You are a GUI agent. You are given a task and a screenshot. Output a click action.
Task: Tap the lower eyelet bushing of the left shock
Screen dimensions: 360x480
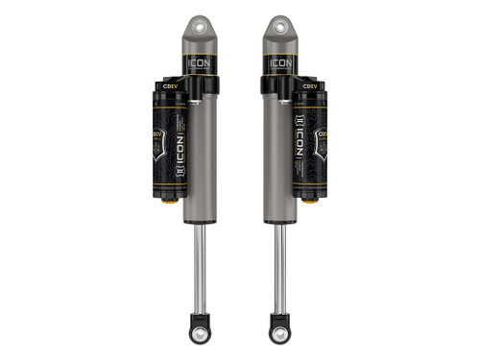(x=201, y=335)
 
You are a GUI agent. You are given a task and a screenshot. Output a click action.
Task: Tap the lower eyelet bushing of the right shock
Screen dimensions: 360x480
(x=279, y=335)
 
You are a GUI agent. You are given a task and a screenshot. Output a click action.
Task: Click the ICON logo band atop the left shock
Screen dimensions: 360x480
(x=200, y=66)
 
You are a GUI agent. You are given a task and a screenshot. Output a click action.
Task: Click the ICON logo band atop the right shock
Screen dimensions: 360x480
(x=279, y=66)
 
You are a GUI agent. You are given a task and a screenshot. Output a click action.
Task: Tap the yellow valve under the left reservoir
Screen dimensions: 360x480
(x=169, y=201)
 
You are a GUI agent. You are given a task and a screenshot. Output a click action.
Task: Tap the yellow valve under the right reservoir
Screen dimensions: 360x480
(x=311, y=201)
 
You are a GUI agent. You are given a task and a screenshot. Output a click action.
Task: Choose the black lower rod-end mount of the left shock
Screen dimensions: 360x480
(x=201, y=321)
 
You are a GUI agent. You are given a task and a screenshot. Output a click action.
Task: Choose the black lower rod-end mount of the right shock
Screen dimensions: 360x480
(x=279, y=321)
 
